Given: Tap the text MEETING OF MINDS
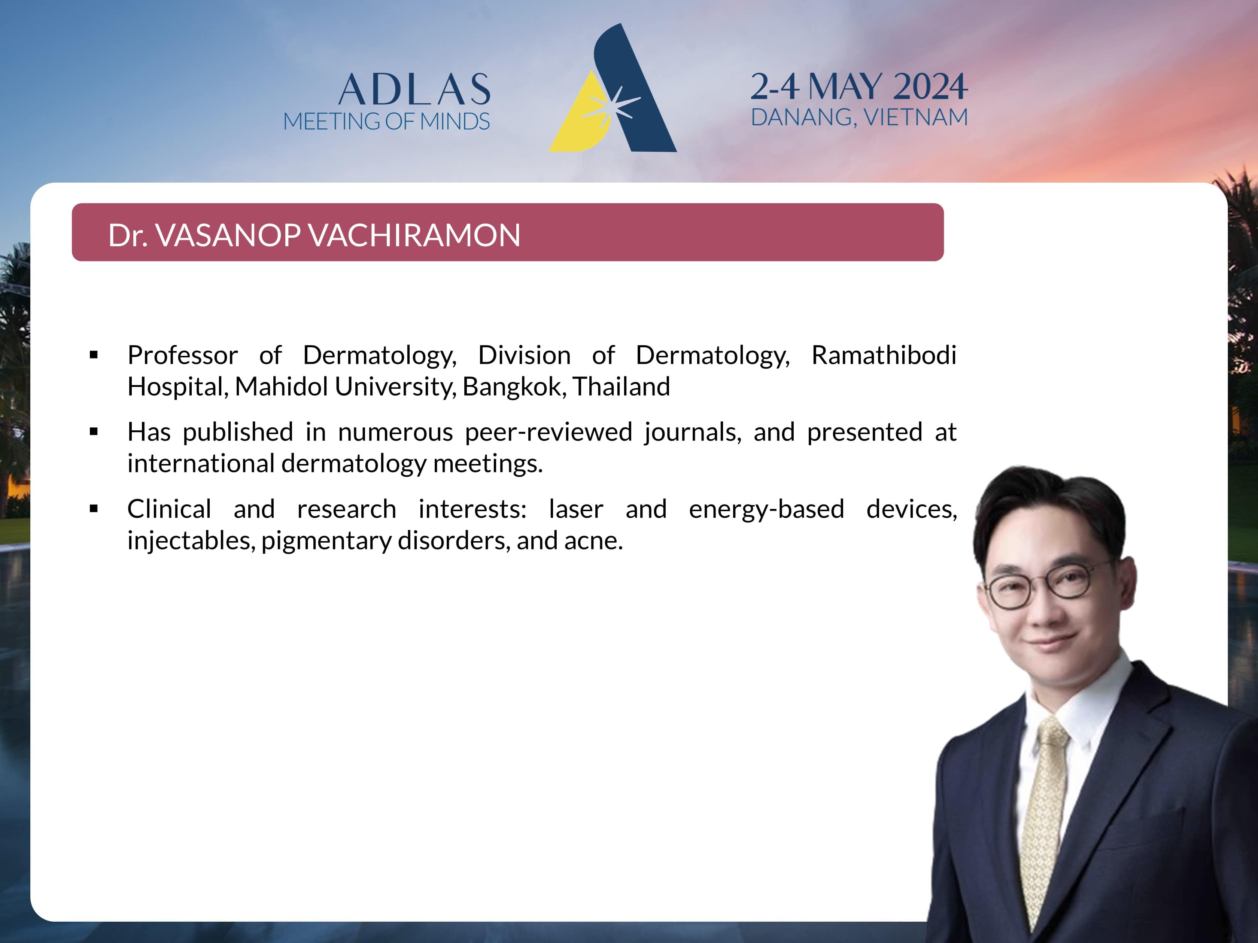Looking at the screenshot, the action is [x=386, y=121].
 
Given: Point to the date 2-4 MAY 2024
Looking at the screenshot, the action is [x=859, y=86].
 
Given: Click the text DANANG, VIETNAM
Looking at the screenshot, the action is [x=859, y=117].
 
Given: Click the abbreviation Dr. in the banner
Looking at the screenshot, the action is [x=128, y=235].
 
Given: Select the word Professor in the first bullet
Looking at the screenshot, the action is [x=183, y=355].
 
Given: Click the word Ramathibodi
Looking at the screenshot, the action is [x=884, y=355].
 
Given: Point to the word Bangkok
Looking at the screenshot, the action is [x=514, y=387].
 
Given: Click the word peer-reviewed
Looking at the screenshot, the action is [x=548, y=432].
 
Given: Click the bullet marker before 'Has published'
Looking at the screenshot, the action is [x=94, y=432].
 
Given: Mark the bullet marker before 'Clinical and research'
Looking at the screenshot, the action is [x=94, y=509].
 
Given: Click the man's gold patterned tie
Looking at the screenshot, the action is [x=1045, y=818].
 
